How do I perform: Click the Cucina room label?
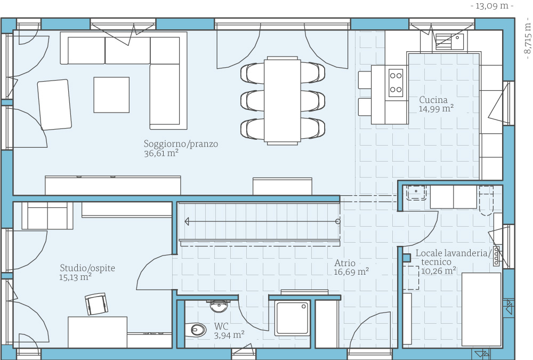tap(433, 100)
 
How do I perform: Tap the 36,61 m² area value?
tap(161, 154)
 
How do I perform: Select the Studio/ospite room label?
tap(87, 268)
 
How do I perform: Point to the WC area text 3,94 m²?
tap(229, 335)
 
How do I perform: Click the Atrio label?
tap(345, 263)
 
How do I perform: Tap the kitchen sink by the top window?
tap(449, 42)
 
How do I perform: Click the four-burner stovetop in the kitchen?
tap(395, 83)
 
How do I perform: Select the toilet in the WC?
tap(196, 330)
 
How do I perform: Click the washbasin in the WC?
tap(218, 306)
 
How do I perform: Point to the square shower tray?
tap(292, 317)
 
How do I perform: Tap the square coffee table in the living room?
tap(111, 94)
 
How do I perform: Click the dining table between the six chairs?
tap(282, 101)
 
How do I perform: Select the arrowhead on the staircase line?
tap(187, 222)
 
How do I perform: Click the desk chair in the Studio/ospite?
tap(96, 304)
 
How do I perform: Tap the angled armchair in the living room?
tap(54, 105)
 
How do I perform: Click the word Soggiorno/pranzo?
tap(181, 144)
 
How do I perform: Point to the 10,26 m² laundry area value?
tap(439, 271)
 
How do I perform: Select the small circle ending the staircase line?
tap(338, 221)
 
